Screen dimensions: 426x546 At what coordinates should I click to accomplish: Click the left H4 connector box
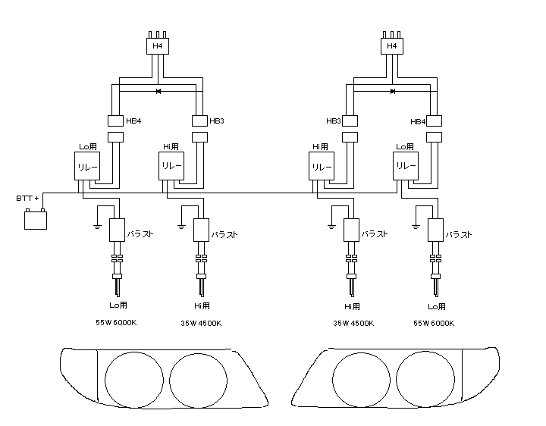[x=157, y=47]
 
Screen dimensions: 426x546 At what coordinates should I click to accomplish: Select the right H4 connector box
[x=391, y=47]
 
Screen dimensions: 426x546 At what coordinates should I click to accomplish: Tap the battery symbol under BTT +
[x=36, y=220]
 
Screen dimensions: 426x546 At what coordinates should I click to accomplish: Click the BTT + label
[x=28, y=198]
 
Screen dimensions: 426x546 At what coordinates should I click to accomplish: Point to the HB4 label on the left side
[x=133, y=121]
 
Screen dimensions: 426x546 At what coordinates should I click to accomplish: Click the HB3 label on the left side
[x=218, y=121]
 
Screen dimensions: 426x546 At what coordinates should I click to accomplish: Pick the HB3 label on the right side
[x=334, y=121]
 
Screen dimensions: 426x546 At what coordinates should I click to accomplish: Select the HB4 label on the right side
[x=418, y=121]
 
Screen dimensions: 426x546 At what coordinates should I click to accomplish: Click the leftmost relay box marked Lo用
[x=84, y=166]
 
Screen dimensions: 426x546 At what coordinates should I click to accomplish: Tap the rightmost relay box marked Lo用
[x=406, y=166]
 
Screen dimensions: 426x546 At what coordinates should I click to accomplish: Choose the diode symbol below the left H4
[x=158, y=92]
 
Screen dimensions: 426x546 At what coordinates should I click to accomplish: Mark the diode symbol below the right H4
[x=392, y=92]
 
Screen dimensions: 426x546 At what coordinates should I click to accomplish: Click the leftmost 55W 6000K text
[x=116, y=323]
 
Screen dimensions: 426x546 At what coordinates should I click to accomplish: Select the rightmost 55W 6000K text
[x=435, y=323]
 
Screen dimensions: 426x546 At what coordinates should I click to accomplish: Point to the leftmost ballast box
[x=117, y=230]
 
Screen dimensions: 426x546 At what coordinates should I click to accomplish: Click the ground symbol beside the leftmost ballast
[x=97, y=225]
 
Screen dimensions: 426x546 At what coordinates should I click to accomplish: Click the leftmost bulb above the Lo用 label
[x=117, y=286]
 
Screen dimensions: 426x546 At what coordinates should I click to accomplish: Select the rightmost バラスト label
[x=460, y=235]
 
